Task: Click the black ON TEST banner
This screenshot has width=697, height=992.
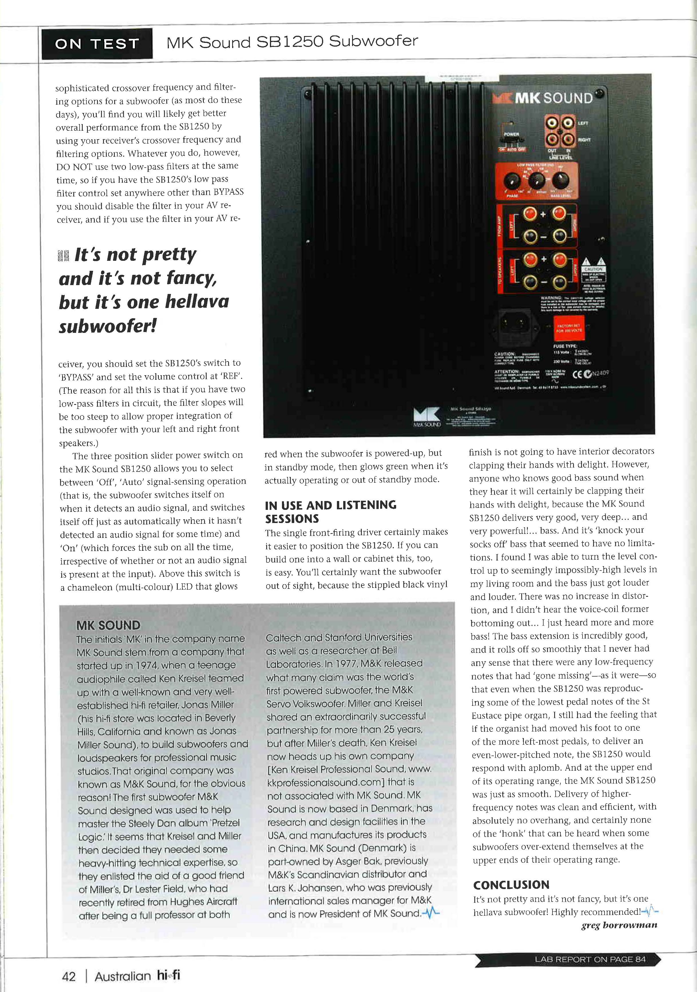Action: click(97, 44)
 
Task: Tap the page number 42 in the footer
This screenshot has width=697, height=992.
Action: click(69, 976)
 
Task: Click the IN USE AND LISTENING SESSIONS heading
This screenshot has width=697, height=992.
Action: click(331, 512)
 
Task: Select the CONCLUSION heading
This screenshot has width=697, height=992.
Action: click(511, 885)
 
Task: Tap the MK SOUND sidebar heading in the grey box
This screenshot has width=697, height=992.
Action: click(108, 625)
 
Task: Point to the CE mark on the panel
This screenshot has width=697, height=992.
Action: click(579, 374)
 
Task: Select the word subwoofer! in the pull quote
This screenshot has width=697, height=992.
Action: click(108, 326)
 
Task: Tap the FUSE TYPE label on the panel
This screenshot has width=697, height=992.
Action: click(565, 346)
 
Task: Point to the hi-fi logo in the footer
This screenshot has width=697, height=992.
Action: click(169, 976)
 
